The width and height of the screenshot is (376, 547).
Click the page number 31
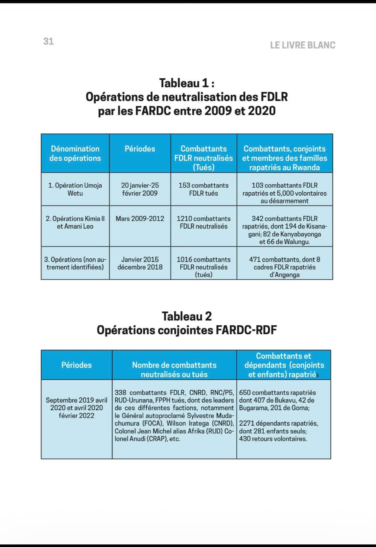tap(48, 41)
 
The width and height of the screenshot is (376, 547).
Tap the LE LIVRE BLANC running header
tap(303, 45)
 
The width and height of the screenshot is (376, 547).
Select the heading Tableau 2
tap(187, 316)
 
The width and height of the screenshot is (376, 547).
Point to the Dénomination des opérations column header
tap(75, 153)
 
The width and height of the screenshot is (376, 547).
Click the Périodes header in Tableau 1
tap(140, 149)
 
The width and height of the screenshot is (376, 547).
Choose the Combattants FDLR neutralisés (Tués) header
tap(204, 158)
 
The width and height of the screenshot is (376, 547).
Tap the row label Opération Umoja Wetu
tap(75, 189)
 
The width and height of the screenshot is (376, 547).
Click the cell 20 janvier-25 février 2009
tap(140, 189)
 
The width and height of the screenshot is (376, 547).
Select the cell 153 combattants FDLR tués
tap(204, 189)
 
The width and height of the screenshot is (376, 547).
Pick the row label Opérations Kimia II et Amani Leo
tap(75, 222)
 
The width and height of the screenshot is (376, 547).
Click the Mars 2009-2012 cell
tap(140, 218)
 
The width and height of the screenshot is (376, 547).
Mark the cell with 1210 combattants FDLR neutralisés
tap(204, 222)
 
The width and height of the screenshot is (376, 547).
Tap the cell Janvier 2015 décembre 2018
tap(140, 263)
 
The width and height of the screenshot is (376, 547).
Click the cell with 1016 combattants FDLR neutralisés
tap(204, 267)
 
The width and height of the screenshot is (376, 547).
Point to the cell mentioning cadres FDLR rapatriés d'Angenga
tap(285, 267)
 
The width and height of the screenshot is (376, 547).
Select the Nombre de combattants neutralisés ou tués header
tap(174, 370)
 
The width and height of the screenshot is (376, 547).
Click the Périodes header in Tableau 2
tap(76, 365)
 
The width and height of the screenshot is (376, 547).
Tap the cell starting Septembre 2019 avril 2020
tap(76, 408)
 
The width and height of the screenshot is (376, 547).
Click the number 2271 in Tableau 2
tap(247, 423)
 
